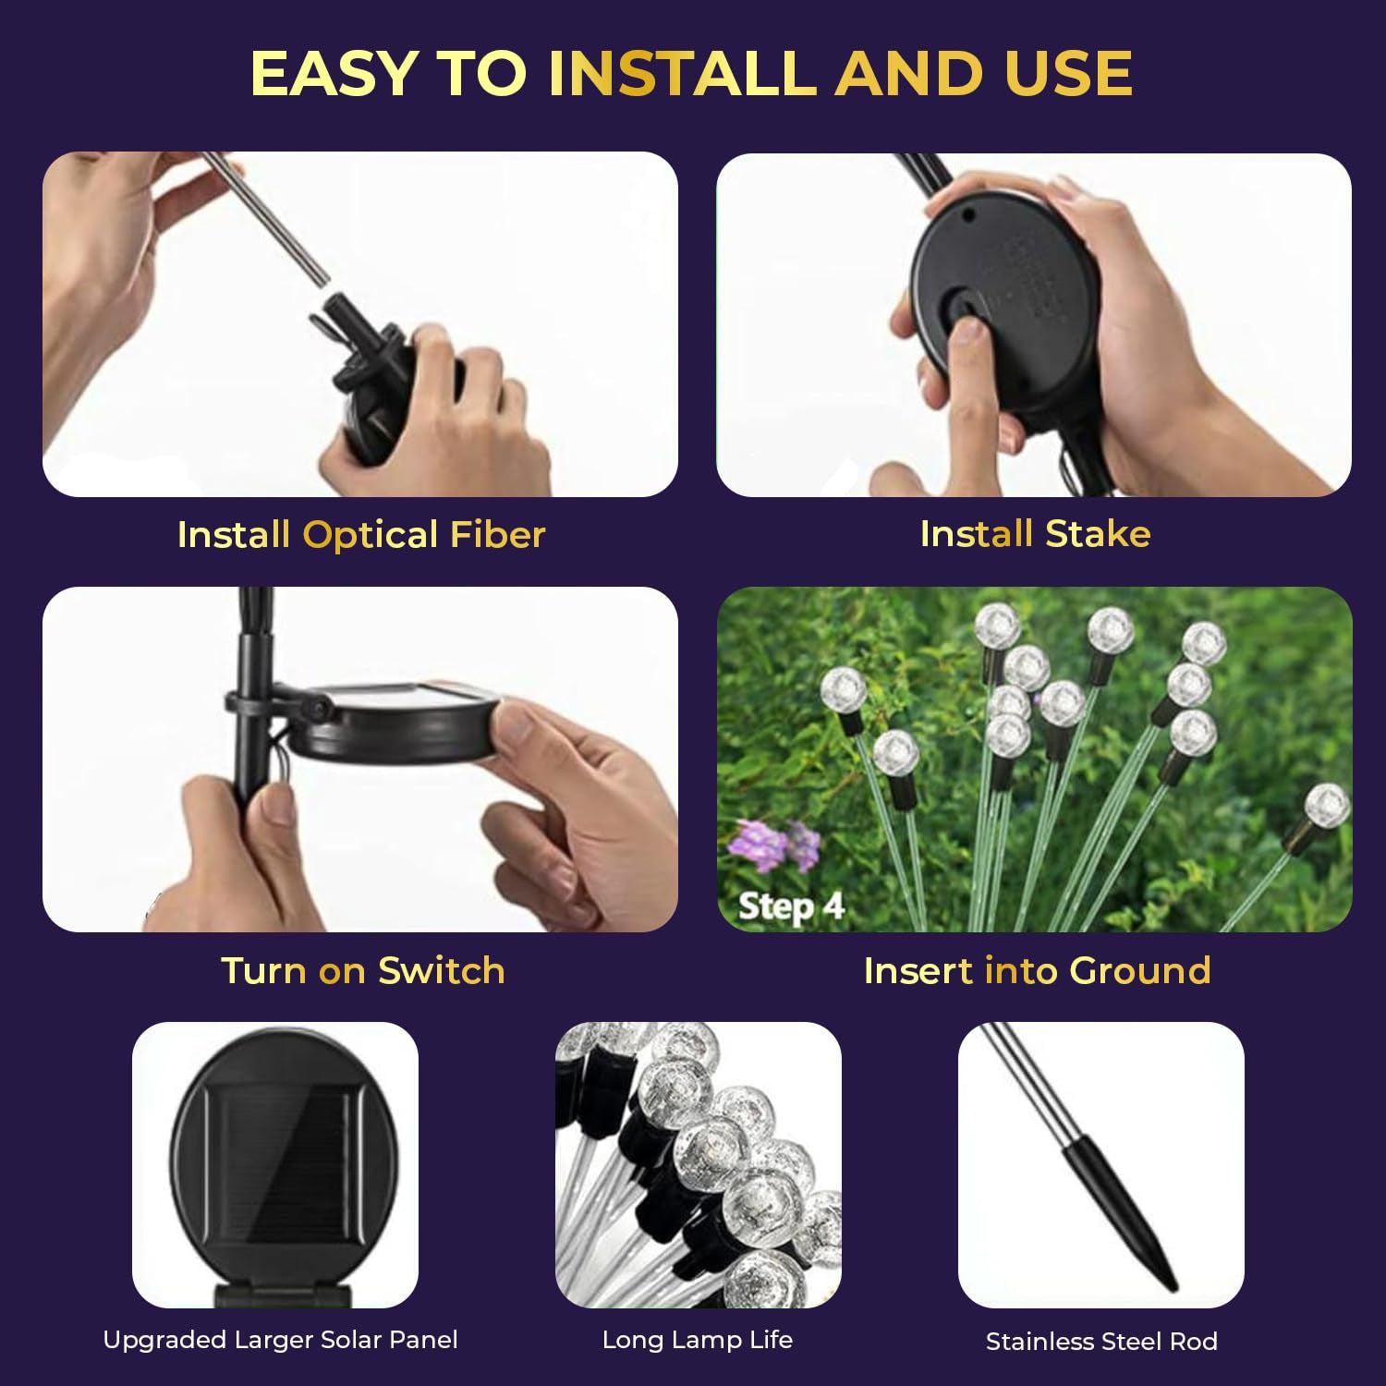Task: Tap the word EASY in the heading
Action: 334,74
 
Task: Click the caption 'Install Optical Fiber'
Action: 361,535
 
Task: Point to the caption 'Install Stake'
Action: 1035,534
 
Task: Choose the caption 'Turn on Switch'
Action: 363,971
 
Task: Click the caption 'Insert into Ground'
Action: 1037,971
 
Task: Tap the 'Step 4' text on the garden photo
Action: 791,906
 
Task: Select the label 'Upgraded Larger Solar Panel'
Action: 280,1340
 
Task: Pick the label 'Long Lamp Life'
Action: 698,1340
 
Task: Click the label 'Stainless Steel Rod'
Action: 1101,1342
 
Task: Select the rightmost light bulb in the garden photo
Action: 1327,804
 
